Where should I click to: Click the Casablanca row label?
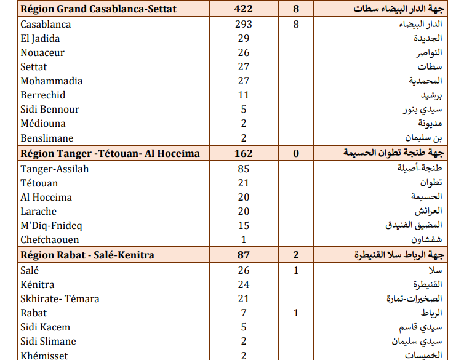[x=46, y=25]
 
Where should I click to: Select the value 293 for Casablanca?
[x=244, y=25]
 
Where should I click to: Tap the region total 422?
[x=244, y=9]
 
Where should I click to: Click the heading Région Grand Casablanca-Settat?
[x=98, y=9]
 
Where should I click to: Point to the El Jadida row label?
[x=40, y=39]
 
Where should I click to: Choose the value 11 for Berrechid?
[x=244, y=95]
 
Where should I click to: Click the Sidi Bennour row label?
[x=50, y=110]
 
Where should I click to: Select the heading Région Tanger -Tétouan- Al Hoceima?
[x=110, y=153]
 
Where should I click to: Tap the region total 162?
[x=244, y=153]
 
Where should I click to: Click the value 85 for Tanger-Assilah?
[x=244, y=169]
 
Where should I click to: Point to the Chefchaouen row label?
[x=50, y=240]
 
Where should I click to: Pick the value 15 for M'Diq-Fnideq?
[x=244, y=225]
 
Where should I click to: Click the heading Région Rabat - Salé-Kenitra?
[x=87, y=255]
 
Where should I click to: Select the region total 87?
[x=244, y=255]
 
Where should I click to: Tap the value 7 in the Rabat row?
[x=244, y=313]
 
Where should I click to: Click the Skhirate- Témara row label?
[x=60, y=299]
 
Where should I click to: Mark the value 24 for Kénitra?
[x=244, y=285]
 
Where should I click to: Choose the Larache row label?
[x=38, y=212]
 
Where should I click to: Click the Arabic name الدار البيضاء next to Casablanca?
[x=425, y=25]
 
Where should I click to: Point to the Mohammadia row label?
[x=52, y=81]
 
